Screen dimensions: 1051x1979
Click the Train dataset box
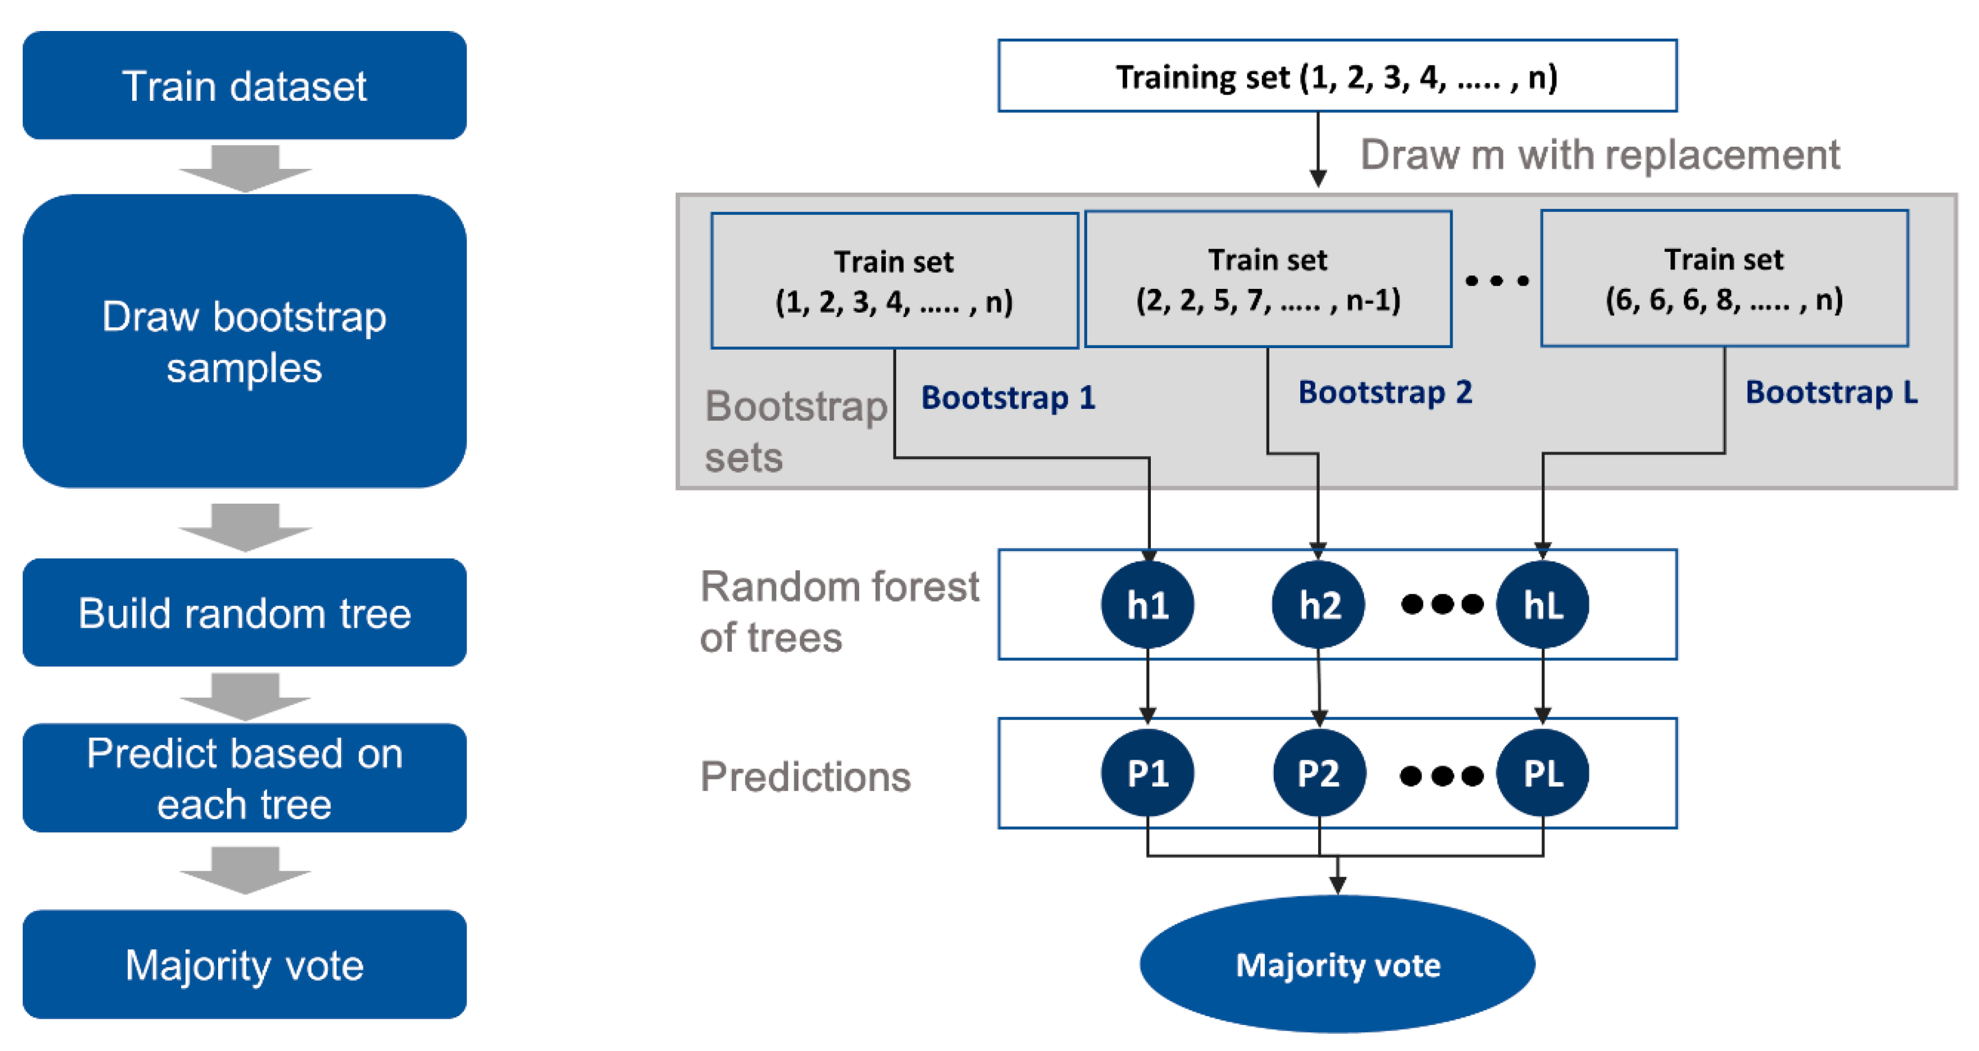(244, 85)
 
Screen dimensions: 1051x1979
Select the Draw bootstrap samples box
(244, 341)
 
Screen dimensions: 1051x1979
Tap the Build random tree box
(244, 612)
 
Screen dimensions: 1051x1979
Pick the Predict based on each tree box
(244, 778)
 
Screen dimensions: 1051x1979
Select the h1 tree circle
(1147, 604)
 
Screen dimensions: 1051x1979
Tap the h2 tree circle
(1318, 604)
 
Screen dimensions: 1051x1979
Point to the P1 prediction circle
(1147, 773)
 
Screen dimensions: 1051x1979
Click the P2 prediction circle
(1318, 773)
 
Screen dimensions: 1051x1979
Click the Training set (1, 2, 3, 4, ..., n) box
(1337, 76)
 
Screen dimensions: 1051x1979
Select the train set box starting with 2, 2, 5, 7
(1268, 279)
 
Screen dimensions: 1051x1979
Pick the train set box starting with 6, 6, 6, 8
(1724, 278)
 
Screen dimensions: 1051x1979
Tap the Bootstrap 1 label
(1008, 398)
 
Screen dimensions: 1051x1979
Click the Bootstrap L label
(1831, 392)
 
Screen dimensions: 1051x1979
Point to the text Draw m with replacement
(1599, 155)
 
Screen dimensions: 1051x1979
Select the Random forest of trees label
(839, 612)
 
